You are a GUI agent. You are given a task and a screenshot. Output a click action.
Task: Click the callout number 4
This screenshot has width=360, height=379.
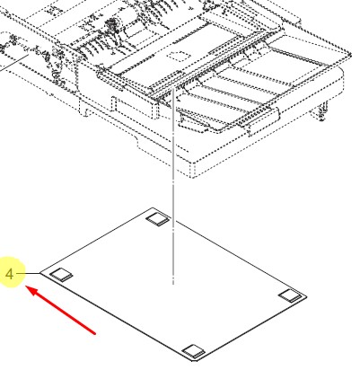pos(10,274)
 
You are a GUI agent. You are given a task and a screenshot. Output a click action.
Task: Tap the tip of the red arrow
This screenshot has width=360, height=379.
pos(26,286)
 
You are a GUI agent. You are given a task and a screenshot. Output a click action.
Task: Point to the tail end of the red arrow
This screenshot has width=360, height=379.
pos(95,333)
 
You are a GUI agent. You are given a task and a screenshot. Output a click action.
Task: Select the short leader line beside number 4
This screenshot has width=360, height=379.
pos(28,273)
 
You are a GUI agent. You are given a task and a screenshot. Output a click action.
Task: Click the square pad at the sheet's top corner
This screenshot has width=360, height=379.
pos(158,219)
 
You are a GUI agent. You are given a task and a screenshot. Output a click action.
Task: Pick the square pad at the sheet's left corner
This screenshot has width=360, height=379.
pos(61,275)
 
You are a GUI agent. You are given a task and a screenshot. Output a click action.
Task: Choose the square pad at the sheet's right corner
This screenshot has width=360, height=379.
pos(290,295)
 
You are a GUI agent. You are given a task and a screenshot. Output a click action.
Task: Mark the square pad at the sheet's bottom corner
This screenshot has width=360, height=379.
pos(194,351)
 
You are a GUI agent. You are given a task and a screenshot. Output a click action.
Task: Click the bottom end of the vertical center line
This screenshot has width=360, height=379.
pos(173,284)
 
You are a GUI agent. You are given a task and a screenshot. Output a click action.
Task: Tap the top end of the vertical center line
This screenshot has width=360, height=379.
pos(173,89)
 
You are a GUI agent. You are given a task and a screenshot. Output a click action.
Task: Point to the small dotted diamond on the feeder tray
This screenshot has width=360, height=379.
pos(178,56)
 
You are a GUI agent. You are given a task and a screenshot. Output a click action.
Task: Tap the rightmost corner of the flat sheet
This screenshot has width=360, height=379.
pos(307,296)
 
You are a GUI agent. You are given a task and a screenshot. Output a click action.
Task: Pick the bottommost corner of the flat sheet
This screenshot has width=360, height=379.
pos(193,361)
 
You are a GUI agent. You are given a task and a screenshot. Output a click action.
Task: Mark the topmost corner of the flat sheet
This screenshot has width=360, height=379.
pos(153,207)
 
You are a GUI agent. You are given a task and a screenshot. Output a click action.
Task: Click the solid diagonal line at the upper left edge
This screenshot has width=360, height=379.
pos(14,63)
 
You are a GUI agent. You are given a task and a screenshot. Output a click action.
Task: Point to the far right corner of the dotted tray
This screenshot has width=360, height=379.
pos(351,54)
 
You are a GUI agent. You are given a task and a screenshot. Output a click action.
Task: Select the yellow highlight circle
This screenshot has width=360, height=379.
pos(10,272)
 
